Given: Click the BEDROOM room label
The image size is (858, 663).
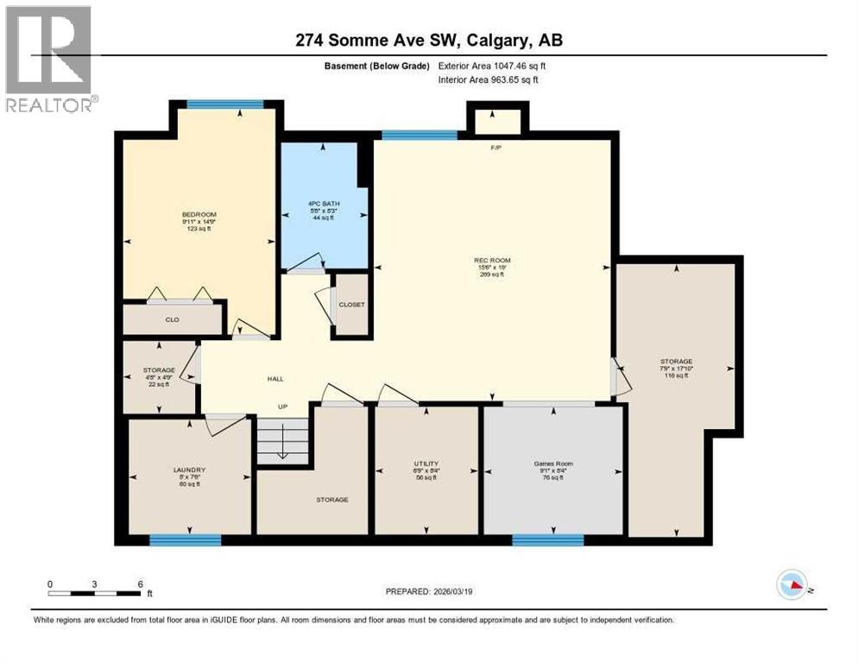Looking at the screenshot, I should click(x=199, y=215).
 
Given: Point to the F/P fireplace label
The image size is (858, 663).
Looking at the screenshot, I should click(x=496, y=148).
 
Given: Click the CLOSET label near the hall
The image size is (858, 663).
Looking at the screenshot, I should click(x=351, y=305).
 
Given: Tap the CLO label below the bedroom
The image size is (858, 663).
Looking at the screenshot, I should click(x=172, y=320).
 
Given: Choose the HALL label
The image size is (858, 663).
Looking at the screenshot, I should click(x=275, y=378).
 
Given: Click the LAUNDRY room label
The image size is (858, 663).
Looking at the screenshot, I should click(x=188, y=470).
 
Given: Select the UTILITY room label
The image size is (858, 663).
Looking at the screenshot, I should click(x=426, y=464).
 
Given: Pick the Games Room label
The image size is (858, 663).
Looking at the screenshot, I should click(x=552, y=464).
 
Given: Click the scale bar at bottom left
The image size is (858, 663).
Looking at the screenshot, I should click(x=95, y=592).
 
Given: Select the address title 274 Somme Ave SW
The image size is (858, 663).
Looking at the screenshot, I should click(x=429, y=40).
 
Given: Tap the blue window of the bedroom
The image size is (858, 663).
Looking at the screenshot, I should click(x=225, y=104).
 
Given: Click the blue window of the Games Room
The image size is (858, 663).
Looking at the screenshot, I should click(x=547, y=540).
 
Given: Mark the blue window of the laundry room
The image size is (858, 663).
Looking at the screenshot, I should click(x=185, y=540).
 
